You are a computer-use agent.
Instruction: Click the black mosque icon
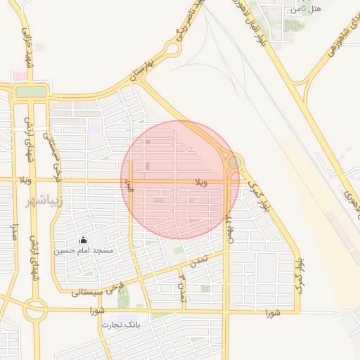(x=83, y=240)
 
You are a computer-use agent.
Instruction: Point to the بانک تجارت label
(x=122, y=325)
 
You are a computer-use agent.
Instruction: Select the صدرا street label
(x=14, y=232)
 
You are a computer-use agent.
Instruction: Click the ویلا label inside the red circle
(x=201, y=182)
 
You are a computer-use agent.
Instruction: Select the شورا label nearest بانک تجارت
(x=97, y=310)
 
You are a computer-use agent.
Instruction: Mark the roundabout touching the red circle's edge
(x=234, y=162)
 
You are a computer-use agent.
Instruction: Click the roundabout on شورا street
(x=34, y=309)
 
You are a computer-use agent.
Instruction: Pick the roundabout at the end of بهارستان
(x=172, y=49)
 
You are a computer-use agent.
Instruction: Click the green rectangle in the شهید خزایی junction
(x=30, y=91)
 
